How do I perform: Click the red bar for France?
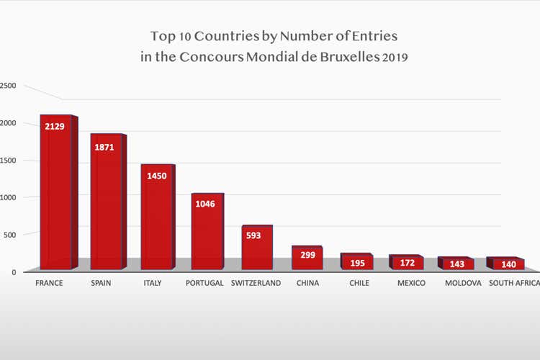(55, 194)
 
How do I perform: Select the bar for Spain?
(106, 205)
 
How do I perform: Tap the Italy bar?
(156, 220)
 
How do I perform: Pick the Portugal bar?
(207, 234)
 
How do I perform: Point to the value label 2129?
(55, 127)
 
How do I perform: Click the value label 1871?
(106, 146)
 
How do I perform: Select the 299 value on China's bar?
(307, 255)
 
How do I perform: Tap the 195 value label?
(358, 263)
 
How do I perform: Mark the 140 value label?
(508, 264)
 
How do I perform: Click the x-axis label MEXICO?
(411, 283)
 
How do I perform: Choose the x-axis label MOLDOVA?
(463, 283)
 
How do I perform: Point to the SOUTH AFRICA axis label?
(514, 283)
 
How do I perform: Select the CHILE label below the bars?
(359, 283)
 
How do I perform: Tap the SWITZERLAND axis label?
(256, 283)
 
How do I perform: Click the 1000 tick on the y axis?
(7, 197)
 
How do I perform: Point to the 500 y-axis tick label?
(9, 234)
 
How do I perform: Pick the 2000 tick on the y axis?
(7, 122)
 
